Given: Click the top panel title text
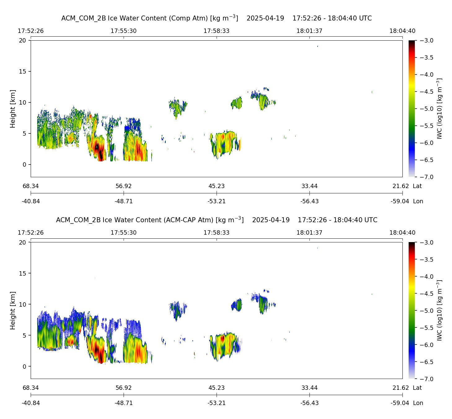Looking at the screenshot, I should (x=216, y=18).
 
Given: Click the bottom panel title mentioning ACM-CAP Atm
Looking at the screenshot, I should (x=216, y=220).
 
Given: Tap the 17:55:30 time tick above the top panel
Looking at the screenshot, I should (x=124, y=31).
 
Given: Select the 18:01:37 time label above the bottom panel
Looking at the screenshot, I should (x=309, y=233).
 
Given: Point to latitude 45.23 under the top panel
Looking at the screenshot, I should (x=216, y=186).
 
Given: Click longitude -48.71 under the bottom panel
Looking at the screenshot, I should (x=124, y=403).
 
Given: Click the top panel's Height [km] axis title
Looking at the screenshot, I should (x=13, y=109).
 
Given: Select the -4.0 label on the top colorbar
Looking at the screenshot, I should (x=426, y=75).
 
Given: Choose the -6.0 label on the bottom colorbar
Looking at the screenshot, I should (x=426, y=345).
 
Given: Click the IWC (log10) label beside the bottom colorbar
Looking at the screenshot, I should (x=439, y=310).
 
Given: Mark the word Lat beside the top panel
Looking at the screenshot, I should (x=417, y=186).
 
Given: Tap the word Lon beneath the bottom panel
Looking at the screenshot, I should (x=418, y=403).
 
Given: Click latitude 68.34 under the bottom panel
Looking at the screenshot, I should (x=31, y=388).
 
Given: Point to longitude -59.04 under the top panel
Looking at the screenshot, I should (x=400, y=201).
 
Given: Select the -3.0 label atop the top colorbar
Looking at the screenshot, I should (x=426, y=41).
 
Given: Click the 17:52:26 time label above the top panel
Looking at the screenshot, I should (x=31, y=31).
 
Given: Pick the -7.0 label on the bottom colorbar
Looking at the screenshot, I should (x=426, y=379).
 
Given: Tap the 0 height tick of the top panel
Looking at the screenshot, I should (x=25, y=165).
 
